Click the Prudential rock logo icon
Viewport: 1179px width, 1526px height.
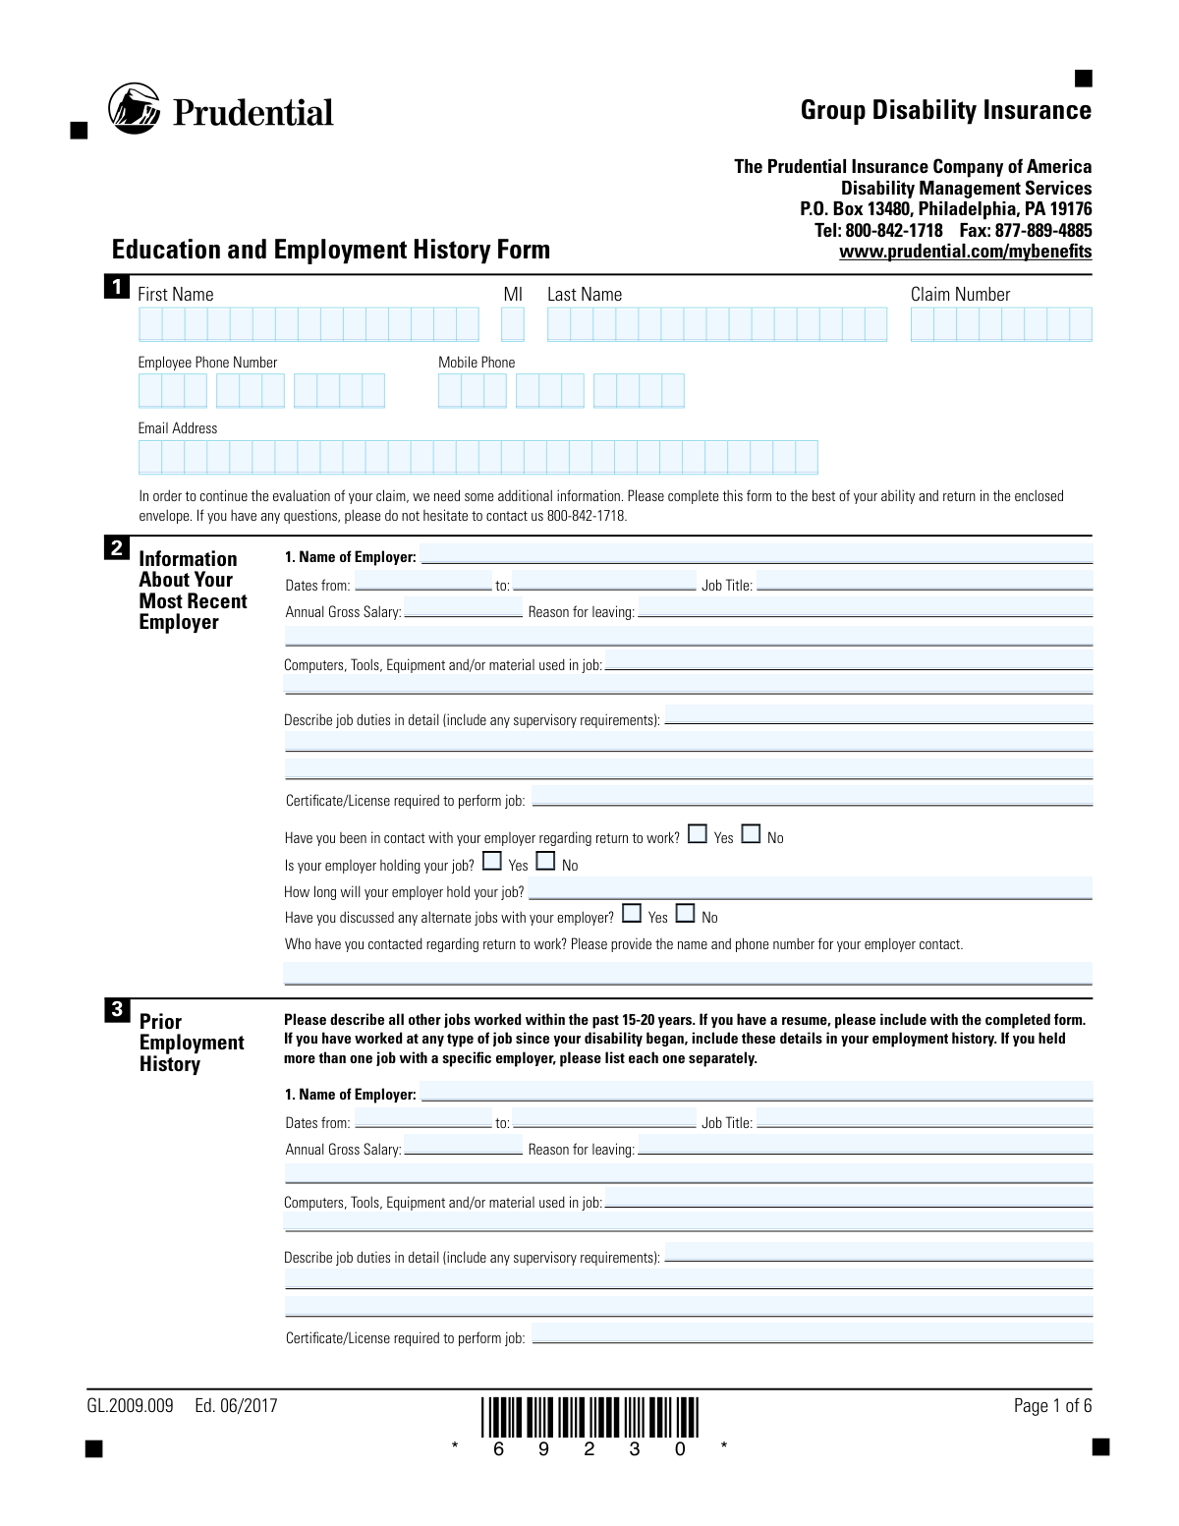tap(135, 109)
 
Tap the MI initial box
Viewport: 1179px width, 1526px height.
tap(512, 324)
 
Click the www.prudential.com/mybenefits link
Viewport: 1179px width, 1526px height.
tap(965, 252)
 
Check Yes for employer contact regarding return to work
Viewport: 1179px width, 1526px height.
tap(698, 834)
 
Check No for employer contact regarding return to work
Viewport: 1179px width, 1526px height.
tap(751, 834)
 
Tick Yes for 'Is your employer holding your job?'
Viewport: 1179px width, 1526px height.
tap(492, 862)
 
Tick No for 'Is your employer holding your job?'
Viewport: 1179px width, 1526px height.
tap(545, 862)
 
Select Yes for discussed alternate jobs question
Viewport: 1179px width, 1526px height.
tap(632, 914)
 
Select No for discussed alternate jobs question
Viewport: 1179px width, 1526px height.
tap(685, 914)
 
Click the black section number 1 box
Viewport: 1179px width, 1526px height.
tap(117, 287)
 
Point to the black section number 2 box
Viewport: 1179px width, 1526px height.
tap(117, 547)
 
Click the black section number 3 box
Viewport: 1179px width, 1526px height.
tap(117, 1009)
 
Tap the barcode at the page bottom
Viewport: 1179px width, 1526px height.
tap(589, 1418)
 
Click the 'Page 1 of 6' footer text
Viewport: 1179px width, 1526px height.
tap(1052, 1406)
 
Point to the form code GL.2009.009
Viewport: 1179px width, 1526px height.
tap(130, 1406)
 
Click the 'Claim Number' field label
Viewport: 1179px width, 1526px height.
tap(960, 295)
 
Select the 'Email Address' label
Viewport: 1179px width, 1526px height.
tap(178, 428)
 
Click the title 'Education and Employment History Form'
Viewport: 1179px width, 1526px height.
tap(331, 250)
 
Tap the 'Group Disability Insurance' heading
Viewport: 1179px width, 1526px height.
tap(945, 110)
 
